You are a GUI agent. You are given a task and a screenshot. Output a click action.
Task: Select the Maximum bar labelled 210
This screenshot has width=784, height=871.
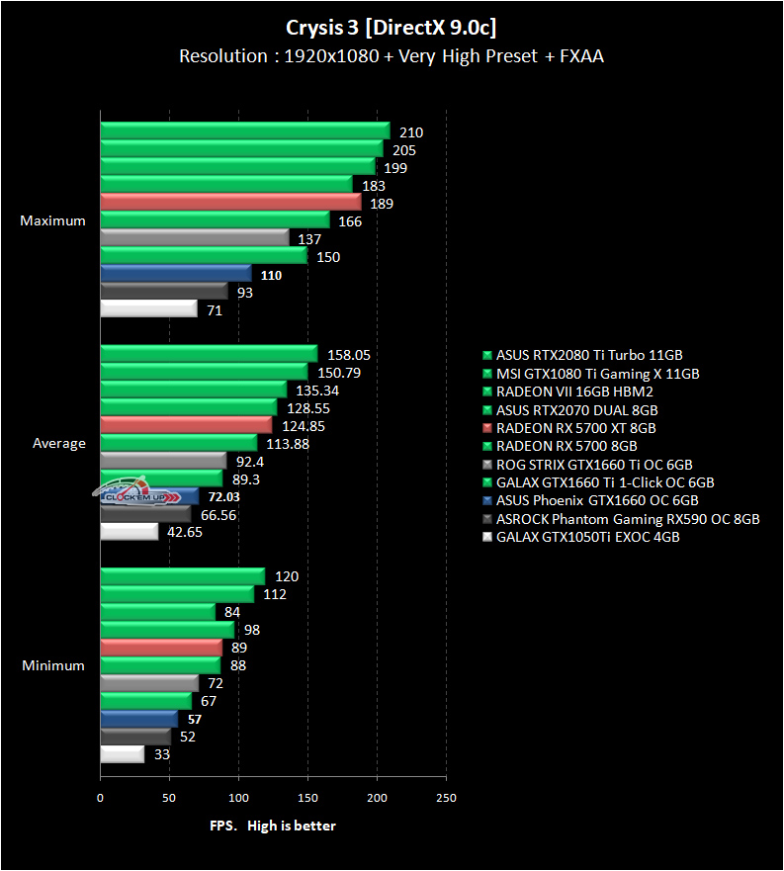[x=244, y=131]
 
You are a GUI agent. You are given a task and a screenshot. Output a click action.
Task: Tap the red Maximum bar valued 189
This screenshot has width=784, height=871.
[x=230, y=203]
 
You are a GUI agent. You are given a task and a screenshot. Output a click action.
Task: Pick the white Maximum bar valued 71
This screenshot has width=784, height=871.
[x=148, y=309]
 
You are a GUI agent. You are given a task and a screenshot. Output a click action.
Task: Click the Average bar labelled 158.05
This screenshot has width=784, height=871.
[x=208, y=354]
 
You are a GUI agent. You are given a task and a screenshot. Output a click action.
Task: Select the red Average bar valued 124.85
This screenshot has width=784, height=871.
[x=185, y=425]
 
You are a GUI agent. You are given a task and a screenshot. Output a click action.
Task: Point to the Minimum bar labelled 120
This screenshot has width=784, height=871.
[x=182, y=576]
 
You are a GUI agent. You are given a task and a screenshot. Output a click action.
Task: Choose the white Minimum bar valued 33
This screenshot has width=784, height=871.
[x=122, y=754]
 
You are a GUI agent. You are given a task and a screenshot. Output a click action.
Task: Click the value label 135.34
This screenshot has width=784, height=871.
[x=315, y=390]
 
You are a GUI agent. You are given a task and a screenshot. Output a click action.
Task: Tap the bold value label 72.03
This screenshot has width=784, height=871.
[x=222, y=496]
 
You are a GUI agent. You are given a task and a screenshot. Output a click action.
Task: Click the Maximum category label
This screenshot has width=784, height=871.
[x=53, y=220]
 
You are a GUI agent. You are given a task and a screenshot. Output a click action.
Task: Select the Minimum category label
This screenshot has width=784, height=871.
[x=53, y=665]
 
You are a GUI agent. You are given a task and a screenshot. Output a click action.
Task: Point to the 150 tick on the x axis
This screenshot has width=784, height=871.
[x=308, y=797]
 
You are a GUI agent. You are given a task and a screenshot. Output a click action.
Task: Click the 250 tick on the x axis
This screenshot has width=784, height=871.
[x=447, y=797]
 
